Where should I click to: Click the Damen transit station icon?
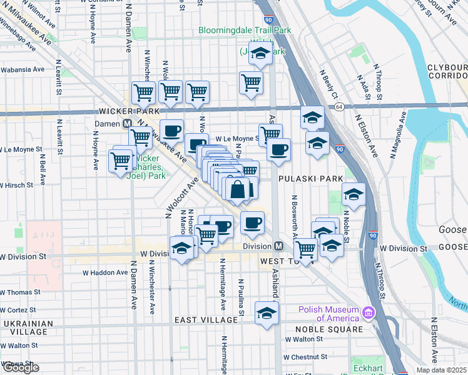click(126, 124)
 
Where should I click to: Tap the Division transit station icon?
click(279, 246)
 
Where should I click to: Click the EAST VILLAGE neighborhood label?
click(206, 319)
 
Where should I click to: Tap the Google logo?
click(21, 367)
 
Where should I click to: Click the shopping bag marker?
click(238, 189)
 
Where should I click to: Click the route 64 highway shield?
click(338, 107)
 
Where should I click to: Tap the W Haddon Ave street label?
click(105, 272)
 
